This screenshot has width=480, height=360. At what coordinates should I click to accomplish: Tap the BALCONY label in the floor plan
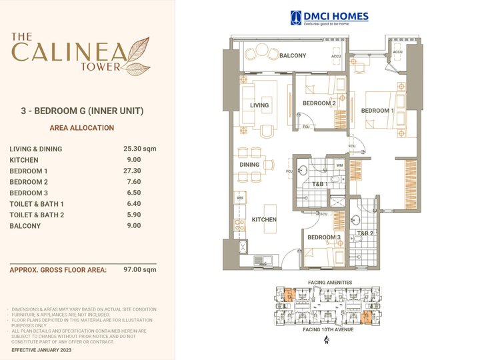click(x=293, y=56)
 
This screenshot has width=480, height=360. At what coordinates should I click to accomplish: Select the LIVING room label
click(x=259, y=105)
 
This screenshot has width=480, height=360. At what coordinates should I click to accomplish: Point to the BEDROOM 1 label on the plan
click(x=377, y=111)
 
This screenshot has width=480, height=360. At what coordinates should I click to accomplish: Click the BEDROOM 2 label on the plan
click(x=319, y=103)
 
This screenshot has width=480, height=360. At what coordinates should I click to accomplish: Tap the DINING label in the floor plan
click(x=249, y=165)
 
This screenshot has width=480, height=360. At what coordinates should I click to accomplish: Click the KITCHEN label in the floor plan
click(x=264, y=219)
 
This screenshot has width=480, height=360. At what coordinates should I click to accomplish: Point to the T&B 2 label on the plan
click(x=365, y=233)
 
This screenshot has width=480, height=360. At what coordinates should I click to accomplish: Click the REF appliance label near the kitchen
click(x=240, y=198)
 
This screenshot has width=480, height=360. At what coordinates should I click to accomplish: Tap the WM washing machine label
click(x=339, y=165)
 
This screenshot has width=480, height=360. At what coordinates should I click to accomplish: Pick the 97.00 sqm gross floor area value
click(x=140, y=270)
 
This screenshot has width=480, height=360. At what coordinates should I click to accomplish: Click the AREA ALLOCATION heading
click(x=82, y=128)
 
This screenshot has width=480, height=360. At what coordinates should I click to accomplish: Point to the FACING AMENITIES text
click(x=329, y=283)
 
